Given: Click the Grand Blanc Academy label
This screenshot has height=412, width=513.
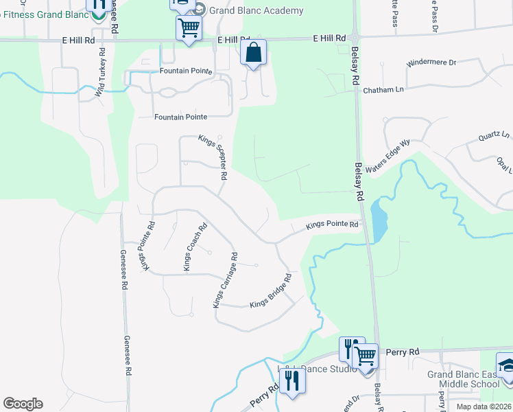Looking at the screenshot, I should [256, 10].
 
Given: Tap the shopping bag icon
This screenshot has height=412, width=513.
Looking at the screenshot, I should [253, 53].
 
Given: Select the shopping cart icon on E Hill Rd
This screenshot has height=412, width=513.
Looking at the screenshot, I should [188, 29].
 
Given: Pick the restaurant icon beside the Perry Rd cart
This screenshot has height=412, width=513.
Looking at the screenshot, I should [350, 348].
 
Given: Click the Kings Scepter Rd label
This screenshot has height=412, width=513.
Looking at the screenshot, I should [213, 157].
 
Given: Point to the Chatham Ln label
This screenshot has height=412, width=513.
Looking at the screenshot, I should [383, 90].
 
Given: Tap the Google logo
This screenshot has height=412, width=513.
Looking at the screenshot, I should [23, 404].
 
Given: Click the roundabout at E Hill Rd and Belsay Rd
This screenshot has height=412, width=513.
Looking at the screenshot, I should [355, 37].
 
